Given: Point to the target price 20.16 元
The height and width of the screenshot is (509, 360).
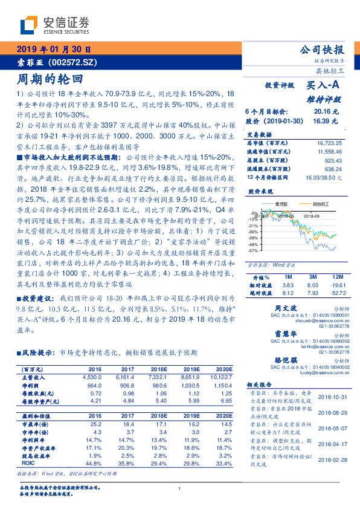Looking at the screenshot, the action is [326, 112].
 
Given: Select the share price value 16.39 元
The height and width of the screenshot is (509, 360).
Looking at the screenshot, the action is [326, 121].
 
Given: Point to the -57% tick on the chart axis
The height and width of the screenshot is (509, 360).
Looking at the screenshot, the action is [254, 250].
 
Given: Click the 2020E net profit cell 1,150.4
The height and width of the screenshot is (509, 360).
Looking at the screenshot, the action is [221, 384].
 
